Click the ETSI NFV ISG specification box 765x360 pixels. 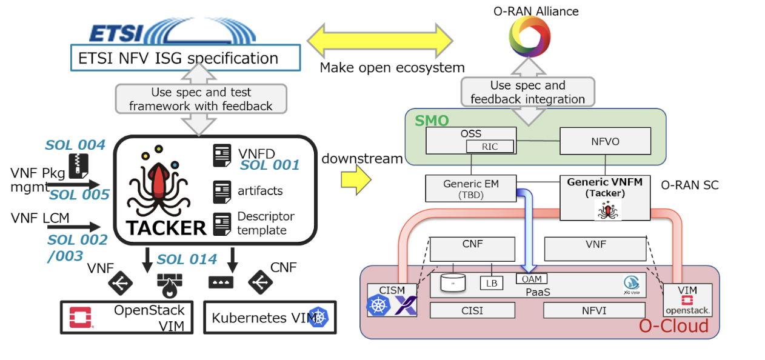[185, 58]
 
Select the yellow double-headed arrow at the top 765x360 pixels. [380, 41]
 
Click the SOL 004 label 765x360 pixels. [75, 145]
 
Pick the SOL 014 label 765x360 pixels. [187, 259]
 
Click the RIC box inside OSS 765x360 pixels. [490, 146]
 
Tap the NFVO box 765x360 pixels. [605, 140]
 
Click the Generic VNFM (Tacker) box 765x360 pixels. [605, 198]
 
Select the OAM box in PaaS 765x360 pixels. [531, 279]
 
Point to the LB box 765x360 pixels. [492, 282]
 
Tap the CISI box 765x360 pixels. [472, 310]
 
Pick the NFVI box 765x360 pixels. [592, 310]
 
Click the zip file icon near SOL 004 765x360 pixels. [76, 165]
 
